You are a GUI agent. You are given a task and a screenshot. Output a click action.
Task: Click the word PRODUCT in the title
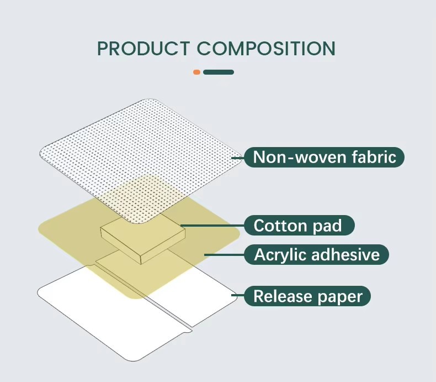pos(143,49)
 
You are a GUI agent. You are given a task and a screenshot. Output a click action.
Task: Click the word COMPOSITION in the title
pos(266,49)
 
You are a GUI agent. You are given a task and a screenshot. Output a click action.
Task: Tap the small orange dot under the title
pos(196,72)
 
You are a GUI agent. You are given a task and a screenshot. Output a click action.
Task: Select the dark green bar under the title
pos(219,72)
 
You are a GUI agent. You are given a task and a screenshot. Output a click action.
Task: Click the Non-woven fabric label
pos(324,157)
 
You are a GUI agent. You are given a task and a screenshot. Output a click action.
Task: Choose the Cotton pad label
pos(299,225)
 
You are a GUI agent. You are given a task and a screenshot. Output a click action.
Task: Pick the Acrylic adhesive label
pos(316,254)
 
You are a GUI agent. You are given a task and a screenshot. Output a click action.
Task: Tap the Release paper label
pos(307,296)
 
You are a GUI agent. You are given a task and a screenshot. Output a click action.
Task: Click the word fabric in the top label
pos(374,157)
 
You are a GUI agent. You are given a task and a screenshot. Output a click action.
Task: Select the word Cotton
pos(281,226)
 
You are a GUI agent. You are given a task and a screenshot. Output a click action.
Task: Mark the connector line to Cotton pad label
pos(212,226)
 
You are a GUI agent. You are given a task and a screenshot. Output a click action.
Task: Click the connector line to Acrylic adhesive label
pos(225,254)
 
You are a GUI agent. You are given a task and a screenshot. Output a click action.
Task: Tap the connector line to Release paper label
pos(238,295)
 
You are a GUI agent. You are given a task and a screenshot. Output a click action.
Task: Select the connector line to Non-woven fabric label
pos(238,158)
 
